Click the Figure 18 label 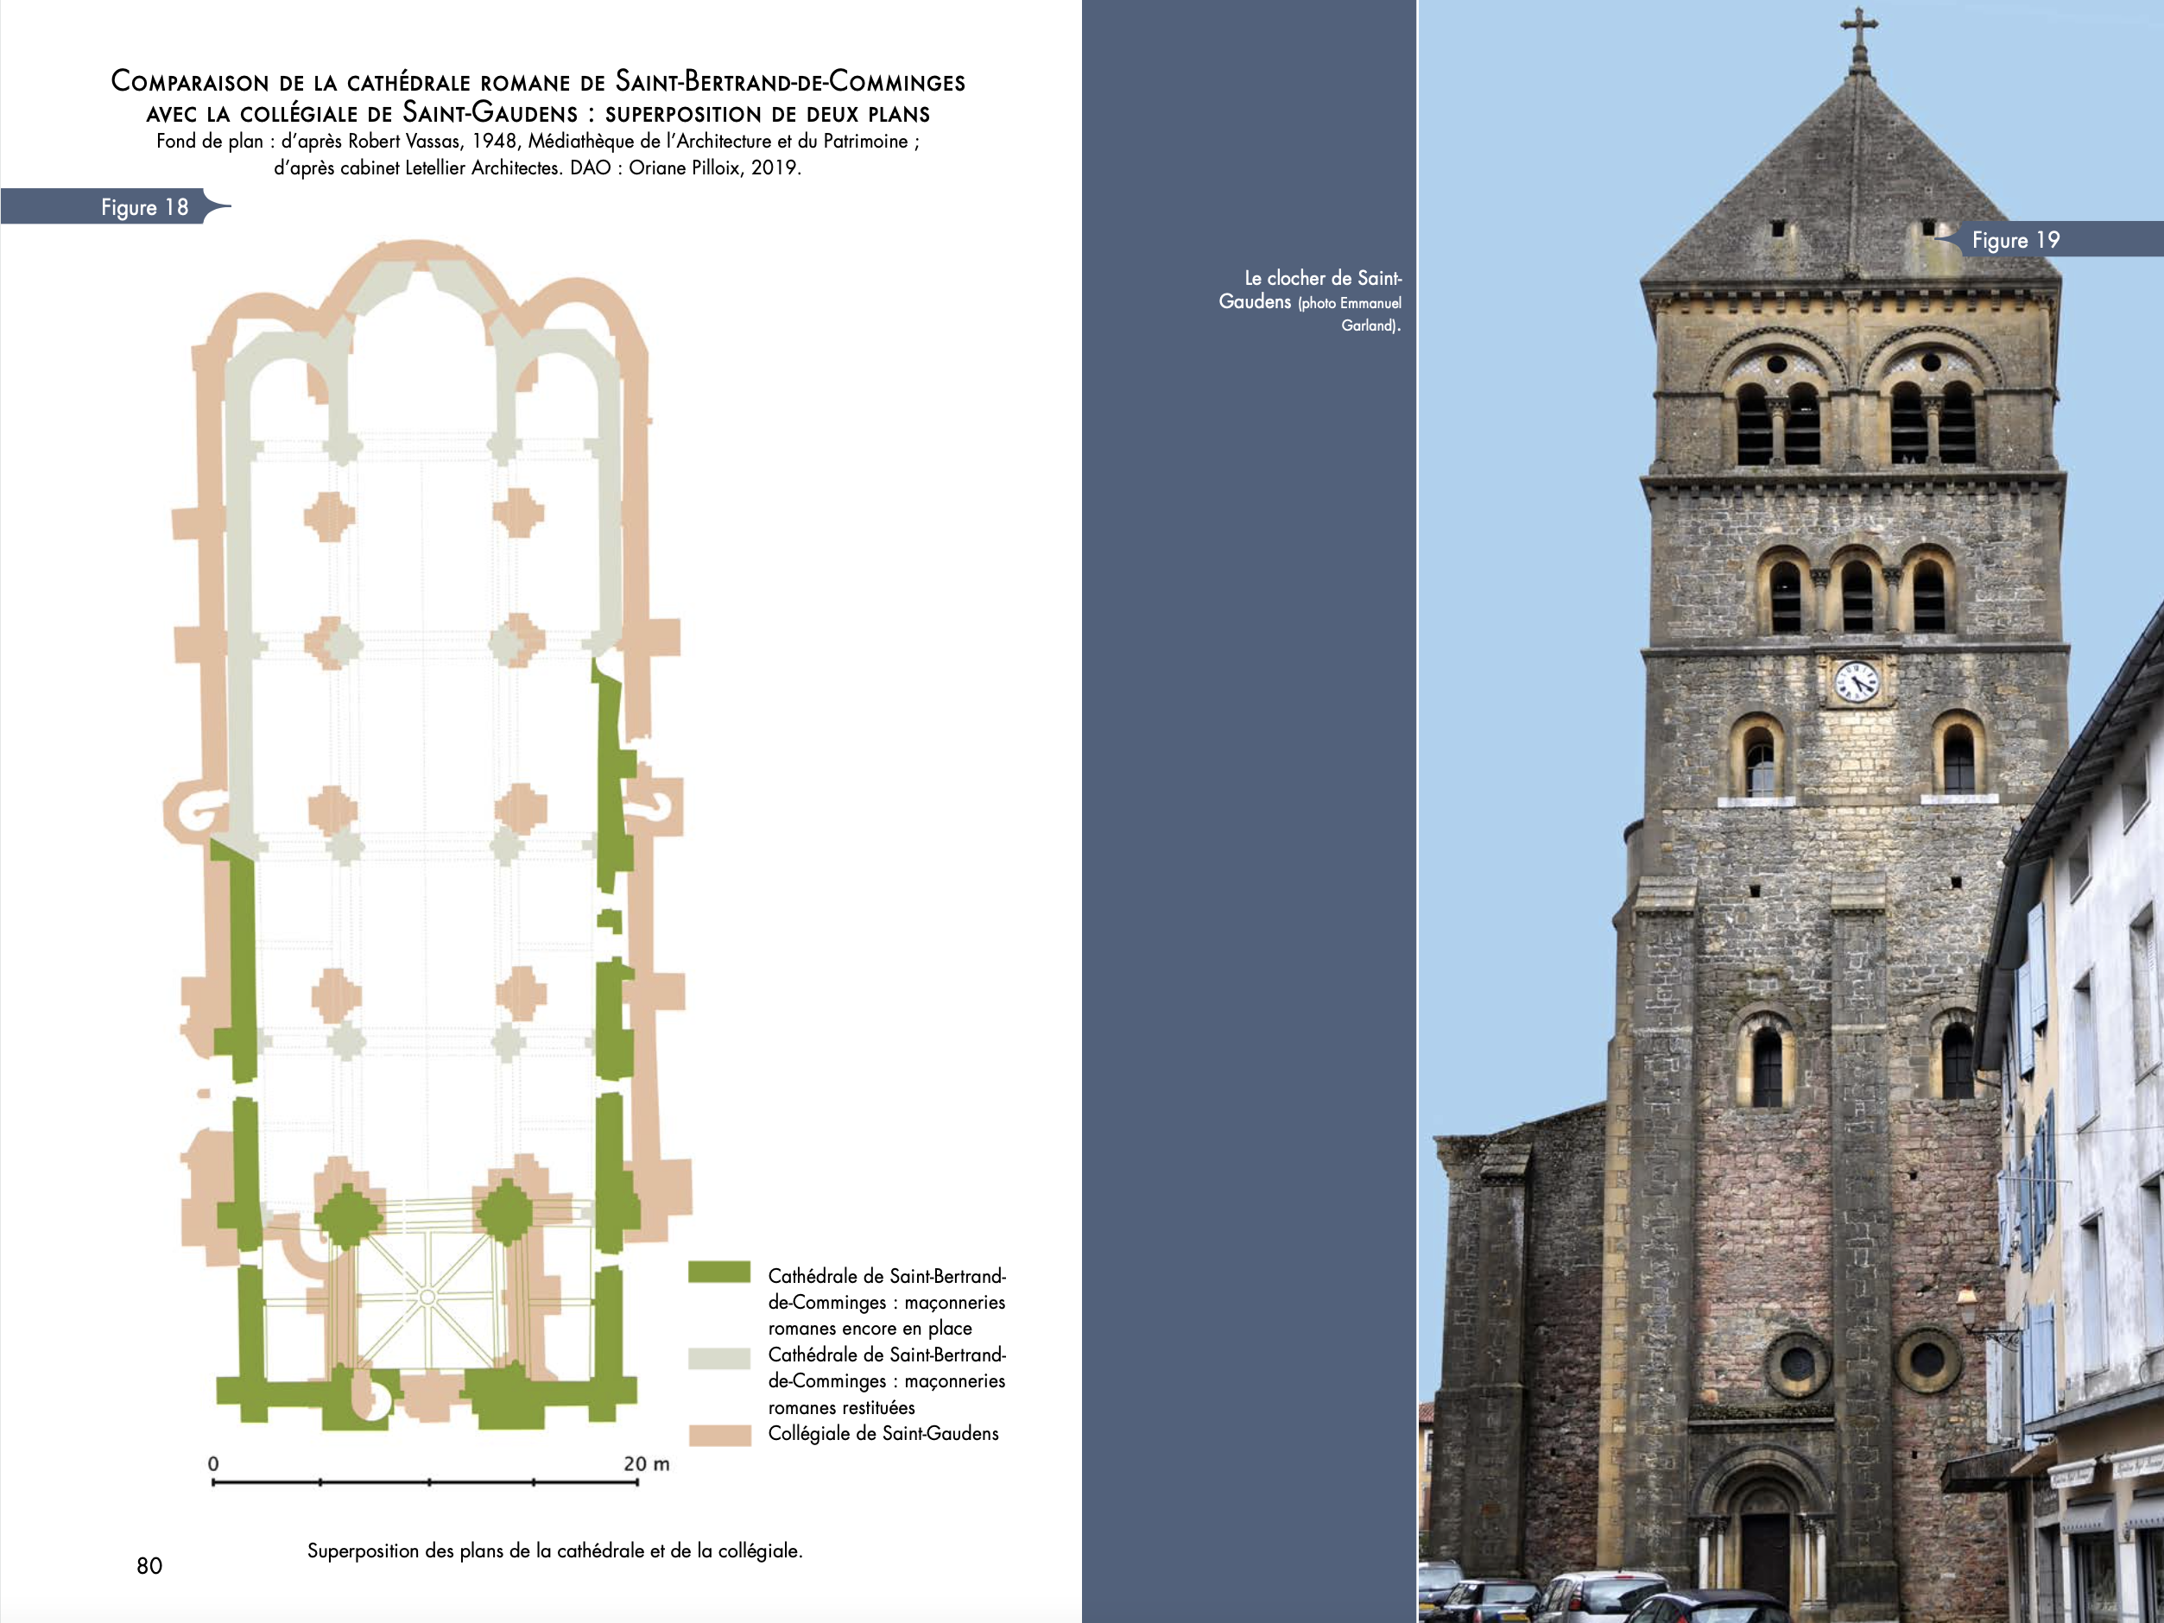tap(144, 207)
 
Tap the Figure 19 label tap(2015, 241)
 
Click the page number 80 tap(149, 1565)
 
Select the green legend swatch tap(719, 1272)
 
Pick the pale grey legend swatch tap(719, 1358)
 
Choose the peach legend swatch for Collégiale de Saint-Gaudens tap(719, 1435)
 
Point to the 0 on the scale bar tap(213, 1463)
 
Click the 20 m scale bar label tap(647, 1463)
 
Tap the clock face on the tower tap(1856, 681)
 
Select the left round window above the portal tap(1797, 1361)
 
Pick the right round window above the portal tap(1927, 1360)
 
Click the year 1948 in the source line tap(493, 141)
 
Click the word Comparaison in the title tap(189, 82)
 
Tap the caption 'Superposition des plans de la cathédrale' tap(554, 1550)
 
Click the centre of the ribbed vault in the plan tap(427, 1298)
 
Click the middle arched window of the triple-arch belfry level tap(1857, 595)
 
